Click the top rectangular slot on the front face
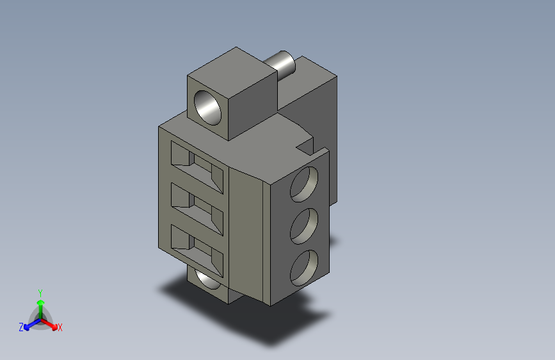pyautogui.click(x=198, y=167)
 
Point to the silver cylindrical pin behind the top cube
pyautogui.click(x=282, y=63)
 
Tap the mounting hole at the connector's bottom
pyautogui.click(x=209, y=280)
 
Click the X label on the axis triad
pyautogui.click(x=60, y=327)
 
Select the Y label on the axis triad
pyautogui.click(x=40, y=291)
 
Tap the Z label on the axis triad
pyautogui.click(x=21, y=327)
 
